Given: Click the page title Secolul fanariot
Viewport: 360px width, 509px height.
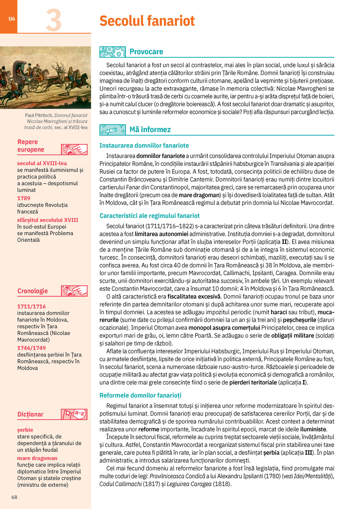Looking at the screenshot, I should (147, 21).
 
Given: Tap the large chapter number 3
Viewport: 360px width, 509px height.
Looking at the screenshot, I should (54, 20).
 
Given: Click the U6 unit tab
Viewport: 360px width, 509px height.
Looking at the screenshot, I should (12, 19).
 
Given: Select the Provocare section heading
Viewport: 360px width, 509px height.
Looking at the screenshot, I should (146, 52).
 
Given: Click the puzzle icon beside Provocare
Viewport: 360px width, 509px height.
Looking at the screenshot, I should (112, 52).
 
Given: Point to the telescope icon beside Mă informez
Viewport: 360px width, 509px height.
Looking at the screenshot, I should (112, 130).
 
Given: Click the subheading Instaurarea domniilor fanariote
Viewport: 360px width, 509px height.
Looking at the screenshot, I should (144, 146).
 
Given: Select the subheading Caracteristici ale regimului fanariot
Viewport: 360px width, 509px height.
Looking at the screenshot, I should (149, 216).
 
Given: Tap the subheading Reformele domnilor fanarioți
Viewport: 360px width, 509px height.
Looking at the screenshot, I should (140, 395).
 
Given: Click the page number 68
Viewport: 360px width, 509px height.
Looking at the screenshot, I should (14, 497).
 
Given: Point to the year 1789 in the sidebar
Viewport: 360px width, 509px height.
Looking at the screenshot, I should (24, 198).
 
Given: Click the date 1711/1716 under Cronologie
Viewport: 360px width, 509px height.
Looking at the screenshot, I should (32, 307).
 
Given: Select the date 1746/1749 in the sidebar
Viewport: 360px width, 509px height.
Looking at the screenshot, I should (32, 348).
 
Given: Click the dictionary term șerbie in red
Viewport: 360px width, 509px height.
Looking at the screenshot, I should (25, 430).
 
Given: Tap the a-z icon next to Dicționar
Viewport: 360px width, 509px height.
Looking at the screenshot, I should (74, 414).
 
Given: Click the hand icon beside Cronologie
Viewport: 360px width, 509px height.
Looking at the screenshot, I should (74, 291).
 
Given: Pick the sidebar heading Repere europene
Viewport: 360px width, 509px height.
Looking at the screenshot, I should (31, 146).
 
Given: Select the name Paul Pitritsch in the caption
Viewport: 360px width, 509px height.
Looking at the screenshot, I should (39, 115).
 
